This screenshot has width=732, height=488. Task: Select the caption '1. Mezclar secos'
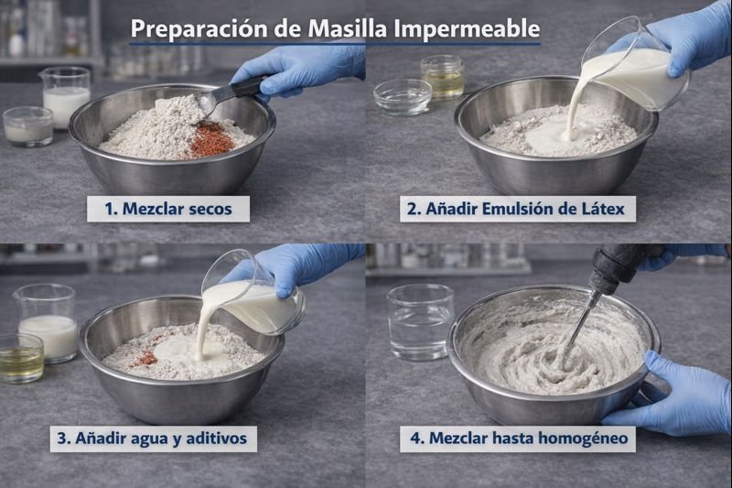(x=167, y=209)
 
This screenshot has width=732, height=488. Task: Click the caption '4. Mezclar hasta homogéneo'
(x=518, y=438)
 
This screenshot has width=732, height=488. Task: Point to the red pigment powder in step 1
(x=210, y=140)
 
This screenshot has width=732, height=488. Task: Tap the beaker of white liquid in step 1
(x=65, y=94)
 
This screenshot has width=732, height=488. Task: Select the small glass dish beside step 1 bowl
(x=27, y=125)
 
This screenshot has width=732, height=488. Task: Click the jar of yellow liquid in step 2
(x=442, y=77)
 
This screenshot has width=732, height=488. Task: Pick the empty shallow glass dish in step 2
(x=403, y=96)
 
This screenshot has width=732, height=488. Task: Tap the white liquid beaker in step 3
(x=45, y=322)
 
